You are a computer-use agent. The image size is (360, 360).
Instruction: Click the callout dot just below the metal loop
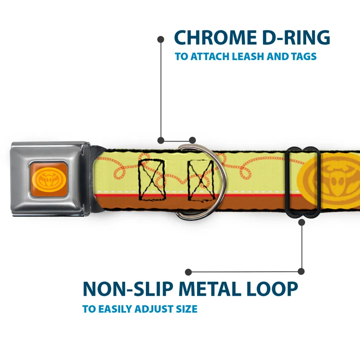point(301,222)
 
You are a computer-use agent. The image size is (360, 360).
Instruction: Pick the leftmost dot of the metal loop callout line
point(189,272)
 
